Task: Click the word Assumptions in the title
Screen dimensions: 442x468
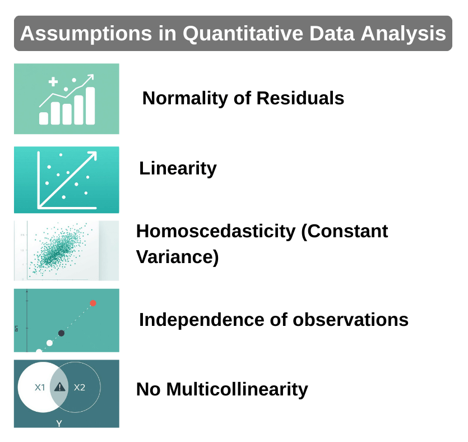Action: point(65,33)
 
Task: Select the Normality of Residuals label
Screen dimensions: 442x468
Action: point(243,98)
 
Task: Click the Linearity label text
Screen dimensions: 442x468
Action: point(178,168)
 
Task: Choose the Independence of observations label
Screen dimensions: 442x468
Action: point(274,320)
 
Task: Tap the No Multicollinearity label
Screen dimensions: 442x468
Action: point(222,389)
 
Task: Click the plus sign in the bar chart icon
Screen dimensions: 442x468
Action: point(53,82)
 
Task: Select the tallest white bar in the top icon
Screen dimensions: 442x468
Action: point(90,105)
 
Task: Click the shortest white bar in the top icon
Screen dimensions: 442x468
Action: point(44,118)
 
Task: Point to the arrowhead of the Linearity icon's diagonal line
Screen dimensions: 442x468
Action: point(92,154)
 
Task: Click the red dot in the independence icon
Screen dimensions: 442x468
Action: point(93,303)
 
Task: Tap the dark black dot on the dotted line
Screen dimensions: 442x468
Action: point(61,333)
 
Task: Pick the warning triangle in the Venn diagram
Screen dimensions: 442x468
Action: point(59,387)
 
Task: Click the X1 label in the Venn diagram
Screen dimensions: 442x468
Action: point(40,387)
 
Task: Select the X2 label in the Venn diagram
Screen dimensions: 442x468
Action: point(80,387)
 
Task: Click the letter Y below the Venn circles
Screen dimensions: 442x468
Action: point(59,423)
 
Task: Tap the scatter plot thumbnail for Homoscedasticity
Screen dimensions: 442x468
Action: point(66,250)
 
